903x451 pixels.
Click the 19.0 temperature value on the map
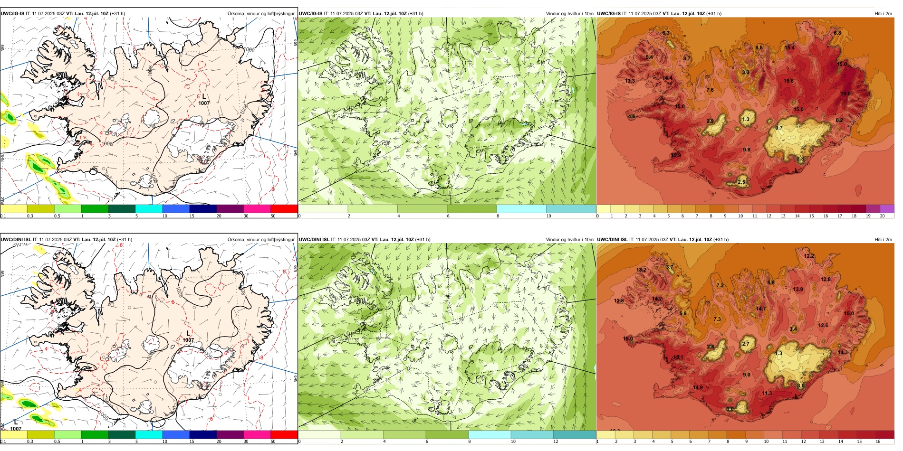point(845,94)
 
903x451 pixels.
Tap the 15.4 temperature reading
point(789,47)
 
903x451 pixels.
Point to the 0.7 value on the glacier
point(779,128)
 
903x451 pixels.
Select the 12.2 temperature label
point(809,256)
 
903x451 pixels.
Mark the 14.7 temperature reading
point(761,309)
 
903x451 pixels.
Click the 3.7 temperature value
point(670,267)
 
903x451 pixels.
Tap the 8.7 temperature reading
point(687,58)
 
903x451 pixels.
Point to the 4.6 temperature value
point(632,116)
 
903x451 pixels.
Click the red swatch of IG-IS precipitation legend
point(284,209)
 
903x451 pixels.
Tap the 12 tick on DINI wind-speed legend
point(556,442)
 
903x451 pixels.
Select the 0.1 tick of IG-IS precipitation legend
point(3,216)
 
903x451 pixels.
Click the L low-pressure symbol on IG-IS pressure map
point(204,96)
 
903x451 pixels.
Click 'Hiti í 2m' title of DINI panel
point(883,239)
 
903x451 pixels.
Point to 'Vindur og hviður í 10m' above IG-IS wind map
point(569,13)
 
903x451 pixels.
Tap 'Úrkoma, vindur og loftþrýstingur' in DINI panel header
point(261,239)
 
